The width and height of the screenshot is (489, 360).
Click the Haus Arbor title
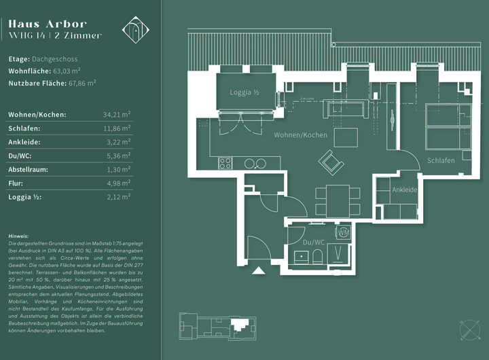(48, 24)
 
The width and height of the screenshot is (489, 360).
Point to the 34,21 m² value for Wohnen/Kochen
(117, 114)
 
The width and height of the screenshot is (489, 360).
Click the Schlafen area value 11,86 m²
(117, 128)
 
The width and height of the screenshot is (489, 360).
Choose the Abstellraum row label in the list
(28, 169)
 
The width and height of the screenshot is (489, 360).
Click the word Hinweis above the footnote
(18, 235)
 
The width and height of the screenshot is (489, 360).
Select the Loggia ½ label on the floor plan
(244, 92)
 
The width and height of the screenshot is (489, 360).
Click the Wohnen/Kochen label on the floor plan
(300, 135)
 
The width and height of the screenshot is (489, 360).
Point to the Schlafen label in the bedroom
(441, 160)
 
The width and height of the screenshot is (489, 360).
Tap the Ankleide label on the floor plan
(404, 190)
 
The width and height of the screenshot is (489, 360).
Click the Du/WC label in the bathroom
(313, 241)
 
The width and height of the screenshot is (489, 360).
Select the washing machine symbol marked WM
(343, 232)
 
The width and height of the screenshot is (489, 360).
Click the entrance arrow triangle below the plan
(258, 270)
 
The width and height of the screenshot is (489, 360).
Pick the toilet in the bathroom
(316, 257)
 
